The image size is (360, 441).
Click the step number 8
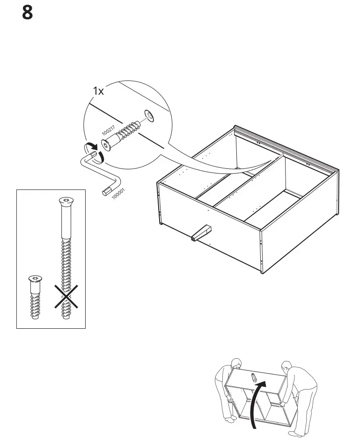pyautogui.click(x=28, y=13)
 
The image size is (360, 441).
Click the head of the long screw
pyautogui.click(x=66, y=202)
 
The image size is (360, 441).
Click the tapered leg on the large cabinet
pyautogui.click(x=201, y=232)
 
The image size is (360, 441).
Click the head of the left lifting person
pyautogui.click(x=236, y=363)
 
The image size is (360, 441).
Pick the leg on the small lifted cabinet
pyautogui.click(x=253, y=377)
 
